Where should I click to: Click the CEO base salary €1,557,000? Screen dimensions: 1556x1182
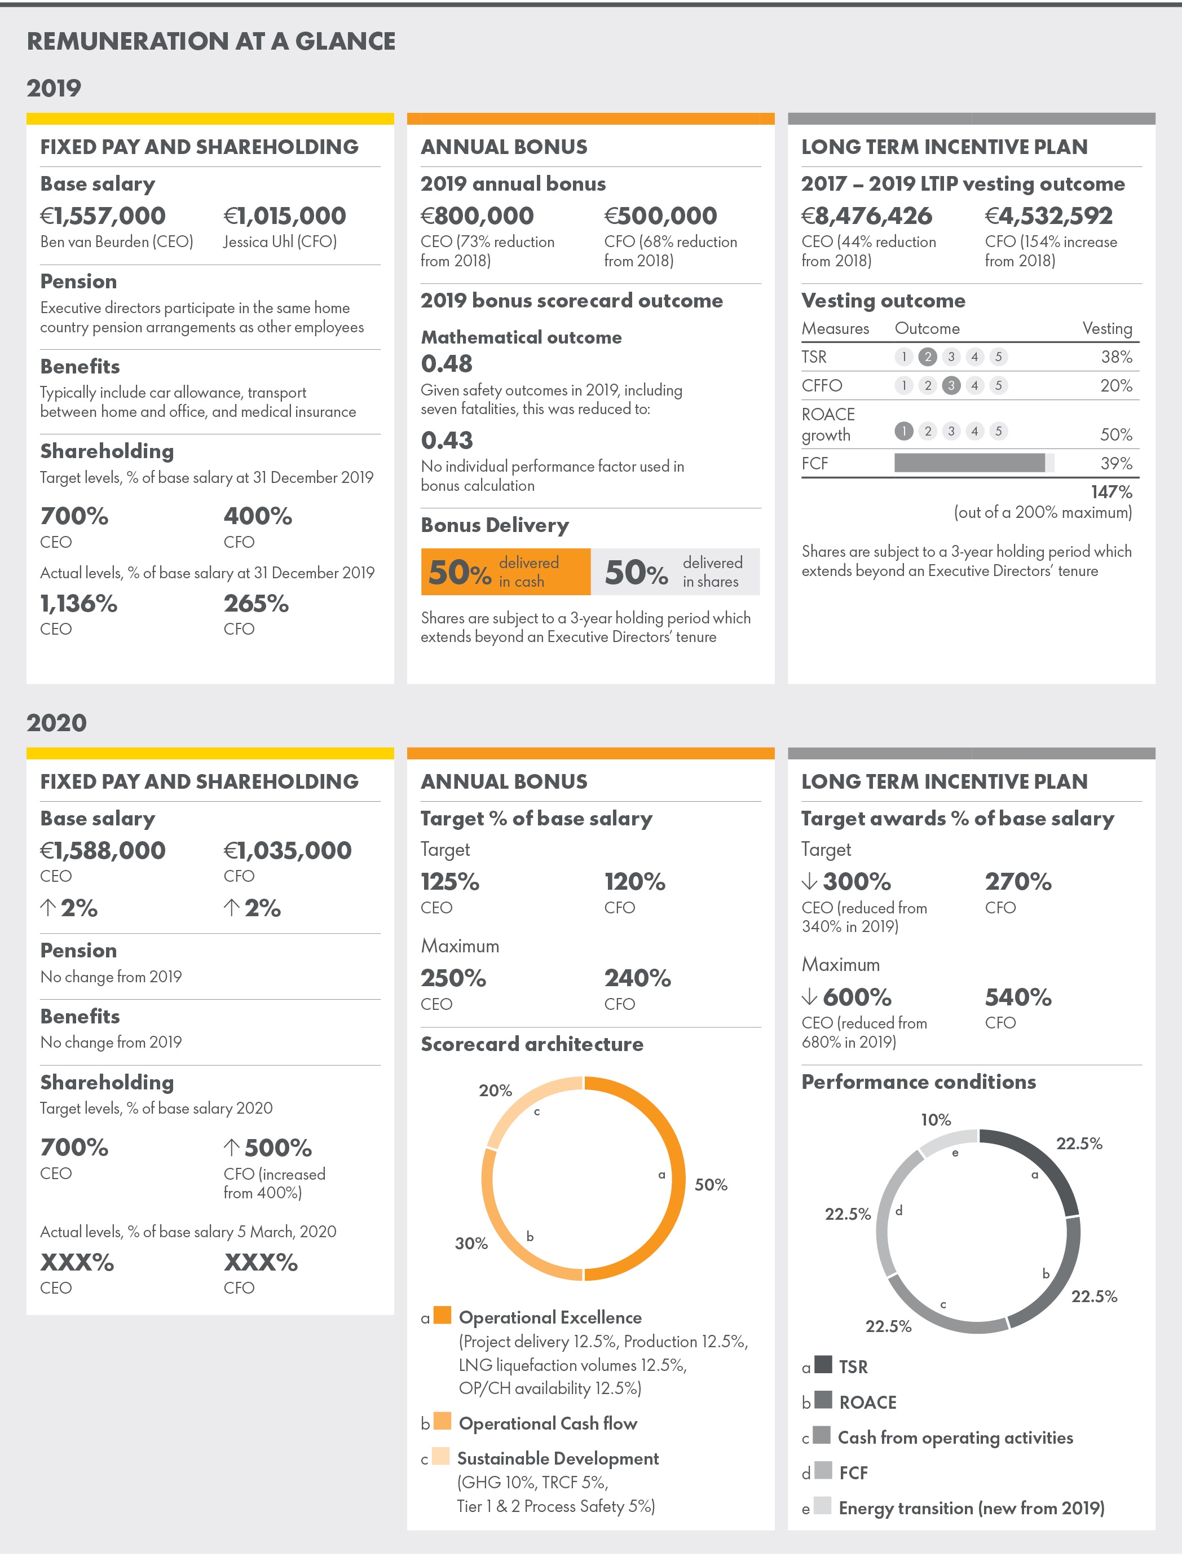click(x=103, y=216)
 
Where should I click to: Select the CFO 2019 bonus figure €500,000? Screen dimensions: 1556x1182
click(x=660, y=216)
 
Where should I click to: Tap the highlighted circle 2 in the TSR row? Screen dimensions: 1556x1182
click(x=927, y=357)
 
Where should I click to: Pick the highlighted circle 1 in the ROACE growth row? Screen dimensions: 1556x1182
click(x=903, y=430)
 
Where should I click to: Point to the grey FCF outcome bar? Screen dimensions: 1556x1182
click(x=969, y=463)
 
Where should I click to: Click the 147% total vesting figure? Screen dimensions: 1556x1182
click(x=1111, y=491)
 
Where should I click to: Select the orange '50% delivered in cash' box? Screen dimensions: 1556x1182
click(x=505, y=572)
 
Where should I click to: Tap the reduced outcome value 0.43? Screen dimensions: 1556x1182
click(x=447, y=441)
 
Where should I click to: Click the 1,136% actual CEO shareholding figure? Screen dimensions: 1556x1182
click(x=79, y=603)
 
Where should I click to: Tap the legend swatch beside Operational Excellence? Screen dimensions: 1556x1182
click(x=443, y=1315)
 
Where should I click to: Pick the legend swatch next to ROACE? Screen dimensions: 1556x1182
click(x=822, y=1400)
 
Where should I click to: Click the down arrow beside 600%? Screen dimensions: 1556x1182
click(x=809, y=996)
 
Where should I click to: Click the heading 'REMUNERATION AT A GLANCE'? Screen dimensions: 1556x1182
click(x=211, y=42)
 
